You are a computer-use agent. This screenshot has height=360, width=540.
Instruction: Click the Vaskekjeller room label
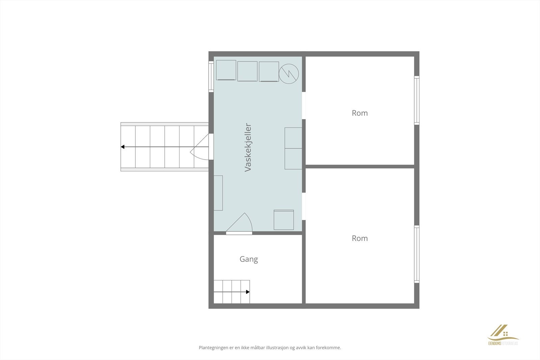248,147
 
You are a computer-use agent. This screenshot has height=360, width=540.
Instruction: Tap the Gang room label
249,259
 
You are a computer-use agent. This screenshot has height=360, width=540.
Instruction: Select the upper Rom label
360,113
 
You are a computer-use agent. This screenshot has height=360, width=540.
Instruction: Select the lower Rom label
360,238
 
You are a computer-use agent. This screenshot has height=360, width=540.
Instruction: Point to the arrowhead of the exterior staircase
123,147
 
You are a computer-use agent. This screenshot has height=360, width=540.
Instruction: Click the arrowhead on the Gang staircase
248,292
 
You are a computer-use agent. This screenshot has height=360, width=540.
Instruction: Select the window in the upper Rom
416,101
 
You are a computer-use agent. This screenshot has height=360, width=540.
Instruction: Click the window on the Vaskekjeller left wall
211,77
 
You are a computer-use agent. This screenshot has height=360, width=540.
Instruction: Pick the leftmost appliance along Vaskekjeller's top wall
226,70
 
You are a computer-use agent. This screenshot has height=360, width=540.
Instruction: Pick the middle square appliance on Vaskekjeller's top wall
247,71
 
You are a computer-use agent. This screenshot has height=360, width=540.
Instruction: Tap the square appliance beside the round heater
269,72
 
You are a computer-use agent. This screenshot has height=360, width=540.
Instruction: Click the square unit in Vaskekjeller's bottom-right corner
283,220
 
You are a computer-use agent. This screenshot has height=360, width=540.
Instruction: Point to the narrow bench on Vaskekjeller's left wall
218,193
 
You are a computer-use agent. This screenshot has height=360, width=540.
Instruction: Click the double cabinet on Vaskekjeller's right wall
293,148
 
